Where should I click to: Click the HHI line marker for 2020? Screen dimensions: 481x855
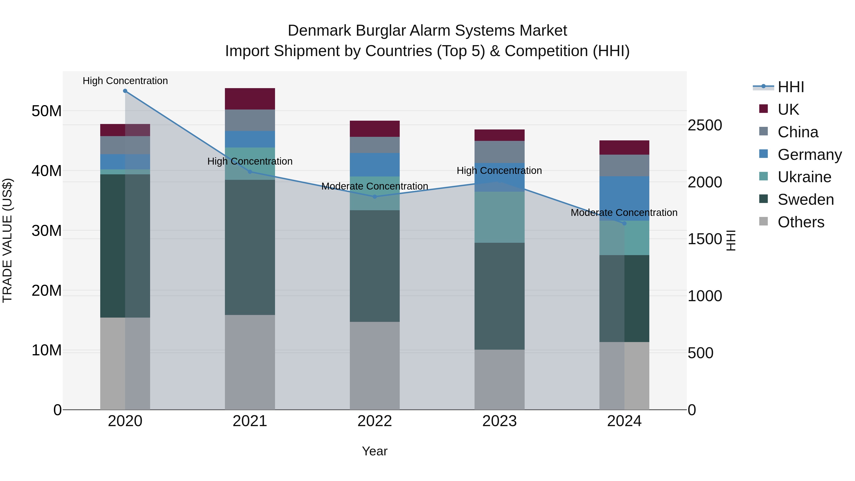point(125,91)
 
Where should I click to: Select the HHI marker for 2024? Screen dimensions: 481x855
point(624,224)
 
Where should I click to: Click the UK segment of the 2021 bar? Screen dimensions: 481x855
point(250,99)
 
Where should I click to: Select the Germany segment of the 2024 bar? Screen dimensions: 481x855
point(624,199)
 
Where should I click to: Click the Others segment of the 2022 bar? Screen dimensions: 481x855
point(375,366)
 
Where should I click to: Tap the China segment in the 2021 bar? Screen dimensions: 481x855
point(250,120)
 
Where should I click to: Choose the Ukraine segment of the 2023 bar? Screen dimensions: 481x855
point(499,217)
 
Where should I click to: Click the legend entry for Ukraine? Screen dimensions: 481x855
point(804,177)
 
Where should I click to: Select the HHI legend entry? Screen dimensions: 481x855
point(791,87)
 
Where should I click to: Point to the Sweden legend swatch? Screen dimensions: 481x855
point(763,199)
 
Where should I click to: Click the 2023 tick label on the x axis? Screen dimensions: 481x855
point(499,421)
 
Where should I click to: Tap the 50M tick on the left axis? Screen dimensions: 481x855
point(47,111)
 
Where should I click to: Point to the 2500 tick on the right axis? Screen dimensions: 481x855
point(705,125)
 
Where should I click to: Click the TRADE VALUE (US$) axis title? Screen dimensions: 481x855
point(7,240)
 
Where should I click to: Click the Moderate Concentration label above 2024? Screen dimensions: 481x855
point(624,212)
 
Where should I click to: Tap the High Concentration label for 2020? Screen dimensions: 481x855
point(125,81)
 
